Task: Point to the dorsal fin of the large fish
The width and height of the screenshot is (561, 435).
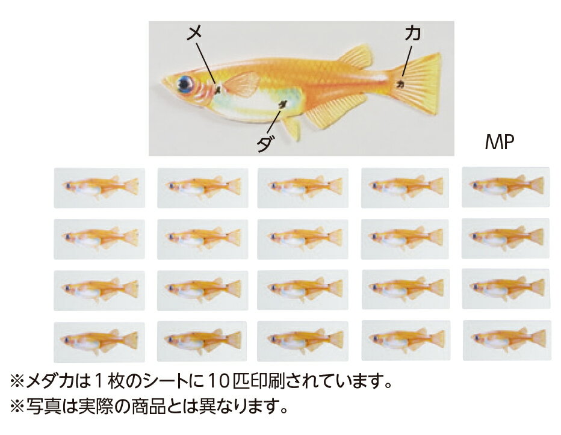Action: (x=356, y=57)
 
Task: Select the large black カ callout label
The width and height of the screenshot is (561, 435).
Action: (x=412, y=34)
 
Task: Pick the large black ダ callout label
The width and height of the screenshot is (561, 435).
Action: (x=264, y=143)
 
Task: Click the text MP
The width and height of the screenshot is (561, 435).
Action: (x=499, y=143)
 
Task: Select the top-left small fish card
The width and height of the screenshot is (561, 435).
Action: (x=99, y=188)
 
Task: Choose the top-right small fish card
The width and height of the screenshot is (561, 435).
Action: (x=506, y=187)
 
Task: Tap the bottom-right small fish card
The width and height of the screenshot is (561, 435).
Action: (x=506, y=340)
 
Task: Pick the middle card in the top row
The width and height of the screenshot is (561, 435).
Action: (x=303, y=188)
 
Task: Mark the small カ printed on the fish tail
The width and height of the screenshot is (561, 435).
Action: (x=399, y=85)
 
